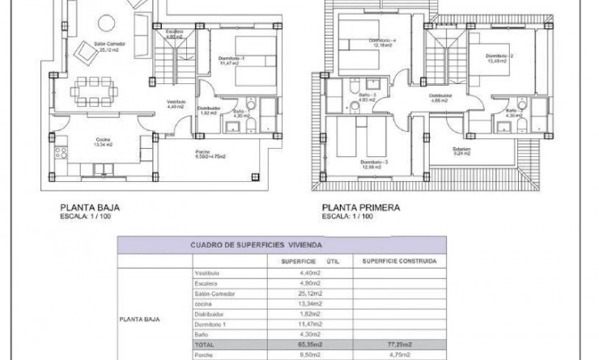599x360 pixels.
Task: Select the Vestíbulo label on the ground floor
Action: (x=177, y=102)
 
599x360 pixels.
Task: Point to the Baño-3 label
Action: (x=367, y=95)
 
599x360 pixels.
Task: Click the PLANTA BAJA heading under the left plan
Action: (x=90, y=207)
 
